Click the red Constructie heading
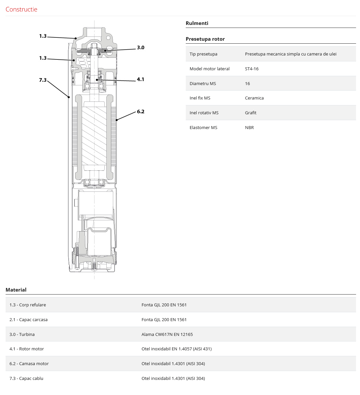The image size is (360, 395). (x=21, y=9)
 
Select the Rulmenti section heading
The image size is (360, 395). (x=197, y=23)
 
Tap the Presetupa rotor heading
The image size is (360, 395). (x=205, y=39)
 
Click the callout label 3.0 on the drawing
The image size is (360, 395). (x=140, y=48)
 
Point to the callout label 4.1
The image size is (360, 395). (x=140, y=79)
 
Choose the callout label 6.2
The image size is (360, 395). (x=140, y=112)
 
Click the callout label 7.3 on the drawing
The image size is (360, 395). (x=43, y=80)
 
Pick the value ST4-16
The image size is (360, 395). (x=252, y=69)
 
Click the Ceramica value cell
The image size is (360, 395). (x=254, y=98)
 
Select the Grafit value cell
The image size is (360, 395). (x=251, y=113)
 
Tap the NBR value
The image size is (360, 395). (x=249, y=127)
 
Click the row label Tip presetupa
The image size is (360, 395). (x=203, y=54)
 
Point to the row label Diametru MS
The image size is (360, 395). (x=203, y=83)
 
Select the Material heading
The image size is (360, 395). (x=16, y=290)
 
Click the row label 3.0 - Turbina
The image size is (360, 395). (x=22, y=334)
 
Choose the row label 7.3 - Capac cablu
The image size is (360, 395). (x=26, y=378)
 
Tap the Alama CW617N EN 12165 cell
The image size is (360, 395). (x=167, y=334)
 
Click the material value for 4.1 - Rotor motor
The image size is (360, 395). (x=177, y=349)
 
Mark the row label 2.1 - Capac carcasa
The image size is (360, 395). (x=29, y=319)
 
